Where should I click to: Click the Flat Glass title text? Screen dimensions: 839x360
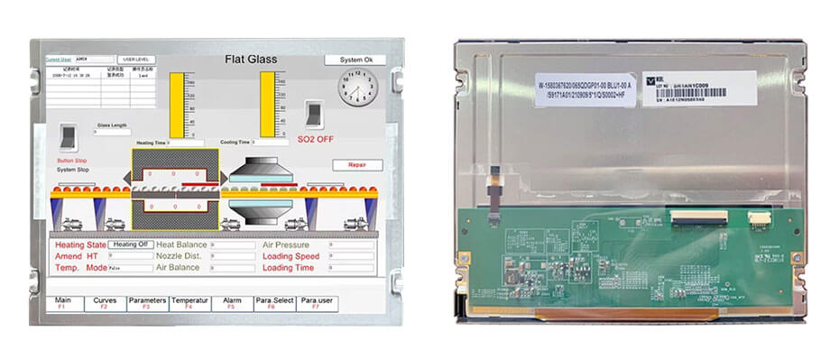(251, 60)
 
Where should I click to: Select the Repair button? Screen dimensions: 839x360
(358, 165)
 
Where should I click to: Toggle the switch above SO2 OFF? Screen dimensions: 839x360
(314, 114)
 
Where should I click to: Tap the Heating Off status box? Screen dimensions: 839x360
(131, 245)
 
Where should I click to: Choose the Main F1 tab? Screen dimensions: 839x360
(63, 303)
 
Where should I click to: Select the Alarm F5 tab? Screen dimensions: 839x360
(232, 303)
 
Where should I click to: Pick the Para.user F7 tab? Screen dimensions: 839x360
(317, 303)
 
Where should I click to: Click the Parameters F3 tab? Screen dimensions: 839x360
(147, 303)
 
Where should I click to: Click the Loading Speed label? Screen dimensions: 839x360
(290, 256)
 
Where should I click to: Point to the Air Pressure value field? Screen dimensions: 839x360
(351, 245)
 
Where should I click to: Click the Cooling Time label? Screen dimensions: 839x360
(235, 143)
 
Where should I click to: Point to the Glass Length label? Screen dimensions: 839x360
(112, 125)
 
